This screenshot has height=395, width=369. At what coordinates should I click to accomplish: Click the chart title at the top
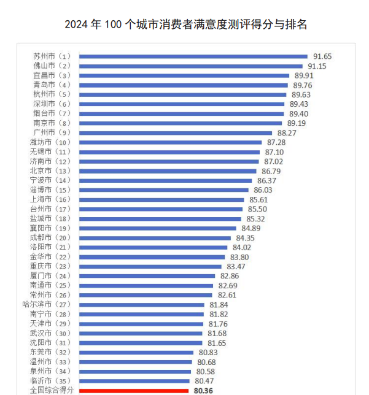point(185,25)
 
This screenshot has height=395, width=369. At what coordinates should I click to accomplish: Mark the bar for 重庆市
point(150,266)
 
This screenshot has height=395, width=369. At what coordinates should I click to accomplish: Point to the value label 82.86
point(228,276)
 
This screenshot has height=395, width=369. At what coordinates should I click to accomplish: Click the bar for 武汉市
point(141,333)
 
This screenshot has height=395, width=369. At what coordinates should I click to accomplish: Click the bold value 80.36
point(203,390)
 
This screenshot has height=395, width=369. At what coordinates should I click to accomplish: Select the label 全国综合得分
point(52,390)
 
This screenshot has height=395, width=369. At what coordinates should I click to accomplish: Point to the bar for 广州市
point(176,132)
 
